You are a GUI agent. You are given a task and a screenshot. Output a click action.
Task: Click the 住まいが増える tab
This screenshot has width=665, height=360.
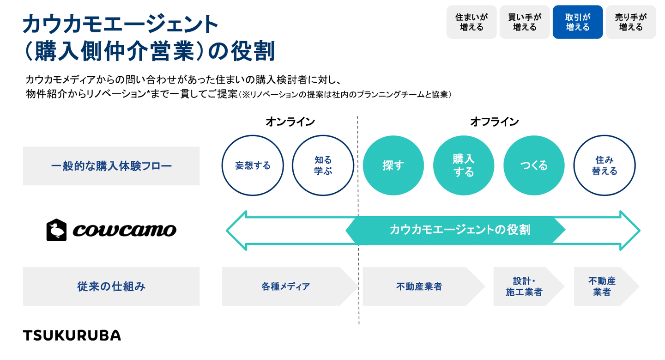[x=471, y=22]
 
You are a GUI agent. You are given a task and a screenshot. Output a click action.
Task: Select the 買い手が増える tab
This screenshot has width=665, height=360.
[x=525, y=22]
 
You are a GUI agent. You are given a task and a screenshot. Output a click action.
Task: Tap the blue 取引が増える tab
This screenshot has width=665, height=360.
[x=578, y=22]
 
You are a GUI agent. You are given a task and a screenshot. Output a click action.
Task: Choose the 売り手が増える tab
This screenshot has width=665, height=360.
[x=631, y=22]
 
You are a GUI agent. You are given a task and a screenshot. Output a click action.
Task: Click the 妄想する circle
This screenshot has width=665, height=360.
[x=253, y=165]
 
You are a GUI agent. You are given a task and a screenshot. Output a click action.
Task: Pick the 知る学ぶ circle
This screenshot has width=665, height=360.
[x=323, y=165]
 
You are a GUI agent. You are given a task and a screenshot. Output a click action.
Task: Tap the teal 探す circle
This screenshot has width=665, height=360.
[x=393, y=165]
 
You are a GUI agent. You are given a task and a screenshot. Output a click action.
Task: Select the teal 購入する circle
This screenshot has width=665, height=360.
[x=463, y=165]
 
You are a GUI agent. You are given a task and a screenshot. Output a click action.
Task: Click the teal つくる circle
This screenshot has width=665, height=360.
[x=534, y=165]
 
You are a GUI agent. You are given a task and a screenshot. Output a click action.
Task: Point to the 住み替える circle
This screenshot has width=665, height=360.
[x=604, y=165]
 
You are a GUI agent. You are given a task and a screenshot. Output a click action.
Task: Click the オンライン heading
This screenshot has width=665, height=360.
[x=290, y=122]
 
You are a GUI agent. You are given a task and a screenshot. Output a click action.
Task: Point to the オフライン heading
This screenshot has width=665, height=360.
[x=494, y=122]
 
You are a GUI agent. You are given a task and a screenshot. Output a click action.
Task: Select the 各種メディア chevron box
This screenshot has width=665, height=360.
[x=285, y=287]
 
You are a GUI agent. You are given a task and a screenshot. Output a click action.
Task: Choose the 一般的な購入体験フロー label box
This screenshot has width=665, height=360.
[x=111, y=166]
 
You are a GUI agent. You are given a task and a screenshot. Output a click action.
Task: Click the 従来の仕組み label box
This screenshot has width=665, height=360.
[x=111, y=287]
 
